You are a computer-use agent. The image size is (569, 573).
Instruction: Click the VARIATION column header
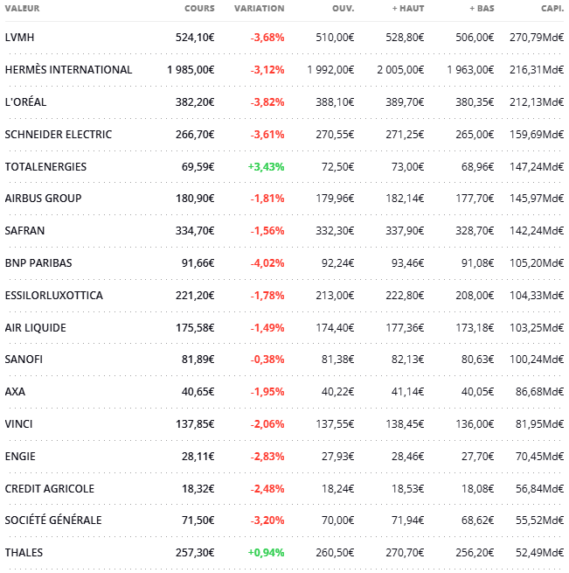click(259, 9)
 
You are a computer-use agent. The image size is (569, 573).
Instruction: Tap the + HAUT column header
click(408, 9)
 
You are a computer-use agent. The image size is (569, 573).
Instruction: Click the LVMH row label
click(19, 38)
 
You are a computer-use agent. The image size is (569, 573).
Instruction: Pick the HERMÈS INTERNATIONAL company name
click(68, 70)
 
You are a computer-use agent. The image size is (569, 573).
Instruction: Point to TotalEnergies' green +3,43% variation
click(266, 166)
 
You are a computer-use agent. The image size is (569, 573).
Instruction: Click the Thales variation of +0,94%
click(266, 553)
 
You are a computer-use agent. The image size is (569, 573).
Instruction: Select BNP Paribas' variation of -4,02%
click(267, 263)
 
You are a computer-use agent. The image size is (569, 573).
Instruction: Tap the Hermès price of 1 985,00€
click(191, 70)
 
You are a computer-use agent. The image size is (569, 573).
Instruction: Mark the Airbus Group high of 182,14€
click(404, 199)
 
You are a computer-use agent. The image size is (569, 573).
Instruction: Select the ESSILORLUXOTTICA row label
click(53, 296)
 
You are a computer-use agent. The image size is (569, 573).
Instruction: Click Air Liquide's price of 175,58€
click(195, 328)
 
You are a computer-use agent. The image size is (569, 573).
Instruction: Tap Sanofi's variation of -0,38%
click(267, 360)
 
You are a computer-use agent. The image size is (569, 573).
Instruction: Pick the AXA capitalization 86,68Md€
click(540, 392)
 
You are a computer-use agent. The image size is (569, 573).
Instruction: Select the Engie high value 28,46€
click(406, 457)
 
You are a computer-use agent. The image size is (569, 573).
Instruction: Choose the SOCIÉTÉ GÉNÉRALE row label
click(53, 521)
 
